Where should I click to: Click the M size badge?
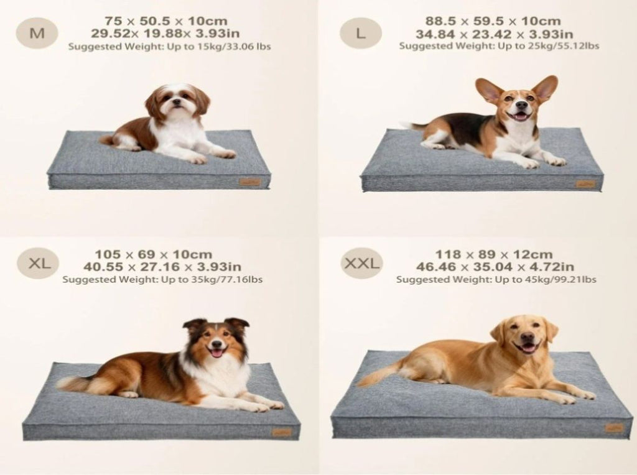tap(37, 33)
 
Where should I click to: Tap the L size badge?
tap(360, 34)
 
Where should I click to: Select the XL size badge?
tap(38, 263)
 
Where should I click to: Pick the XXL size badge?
tap(361, 263)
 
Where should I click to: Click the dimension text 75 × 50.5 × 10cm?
tap(165, 21)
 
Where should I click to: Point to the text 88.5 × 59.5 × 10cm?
tap(493, 21)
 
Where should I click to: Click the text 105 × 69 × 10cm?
tap(153, 254)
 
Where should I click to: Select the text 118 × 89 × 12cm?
tap(493, 254)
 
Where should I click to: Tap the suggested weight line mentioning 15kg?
tap(169, 46)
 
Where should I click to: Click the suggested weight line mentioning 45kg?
tap(496, 279)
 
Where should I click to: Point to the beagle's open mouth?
tap(521, 116)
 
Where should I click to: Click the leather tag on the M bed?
tap(250, 182)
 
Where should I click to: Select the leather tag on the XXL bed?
tap(614, 428)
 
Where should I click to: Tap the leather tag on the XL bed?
tap(282, 432)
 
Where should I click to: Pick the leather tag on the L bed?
tap(585, 184)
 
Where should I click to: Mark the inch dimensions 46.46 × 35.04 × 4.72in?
tap(495, 267)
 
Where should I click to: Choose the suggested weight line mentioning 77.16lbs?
tap(162, 279)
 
